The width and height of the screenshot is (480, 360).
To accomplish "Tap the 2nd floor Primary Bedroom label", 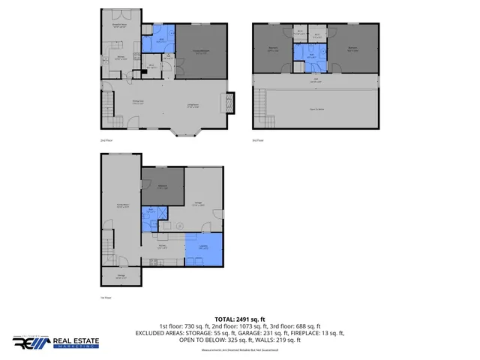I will pyautogui.click(x=201, y=51).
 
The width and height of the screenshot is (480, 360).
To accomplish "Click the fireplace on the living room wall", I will pyautogui.click(x=232, y=99).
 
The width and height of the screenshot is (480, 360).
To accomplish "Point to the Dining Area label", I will pyautogui.click(x=139, y=103).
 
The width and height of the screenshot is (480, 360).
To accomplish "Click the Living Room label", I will pyautogui.click(x=192, y=104).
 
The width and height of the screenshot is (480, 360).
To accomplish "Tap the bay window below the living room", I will pyautogui.click(x=184, y=132).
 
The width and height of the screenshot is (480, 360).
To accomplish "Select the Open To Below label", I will pyautogui.click(x=322, y=108).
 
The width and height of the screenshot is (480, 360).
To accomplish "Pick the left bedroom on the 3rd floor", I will pyautogui.click(x=274, y=50).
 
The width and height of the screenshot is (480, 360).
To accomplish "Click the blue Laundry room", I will pyautogui.click(x=204, y=248).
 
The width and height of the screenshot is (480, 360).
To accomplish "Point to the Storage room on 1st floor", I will pyautogui.click(x=121, y=277).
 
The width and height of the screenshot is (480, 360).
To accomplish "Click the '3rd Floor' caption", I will pyautogui.click(x=258, y=140).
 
